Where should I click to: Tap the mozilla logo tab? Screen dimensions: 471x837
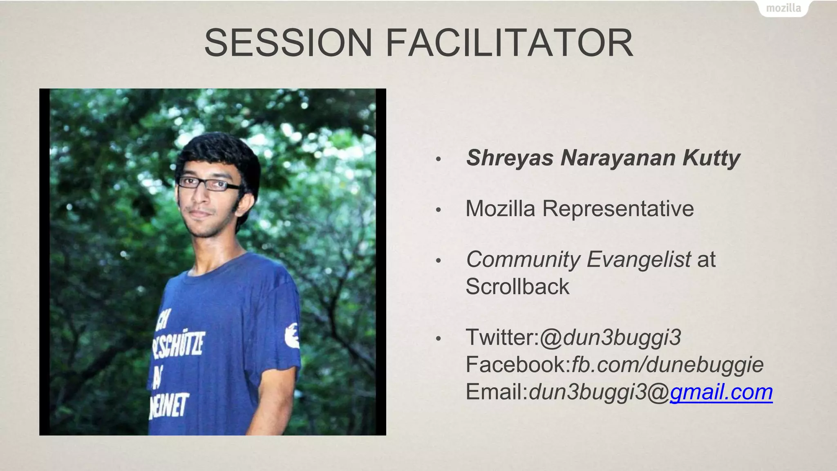click(x=783, y=8)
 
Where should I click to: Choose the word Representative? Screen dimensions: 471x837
click(x=618, y=209)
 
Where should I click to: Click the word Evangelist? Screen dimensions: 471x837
click(x=639, y=260)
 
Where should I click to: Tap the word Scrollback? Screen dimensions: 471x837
click(x=517, y=286)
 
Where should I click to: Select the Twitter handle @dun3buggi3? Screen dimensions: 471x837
click(x=610, y=338)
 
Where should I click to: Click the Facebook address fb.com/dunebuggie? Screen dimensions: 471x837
click(x=667, y=364)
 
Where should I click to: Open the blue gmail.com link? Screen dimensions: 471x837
click(x=721, y=392)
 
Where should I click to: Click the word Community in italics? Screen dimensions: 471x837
click(x=523, y=260)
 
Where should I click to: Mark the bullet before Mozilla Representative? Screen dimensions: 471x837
click(x=439, y=210)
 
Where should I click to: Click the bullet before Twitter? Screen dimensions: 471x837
click(x=439, y=339)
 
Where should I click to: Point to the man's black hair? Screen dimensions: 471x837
click(x=221, y=151)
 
